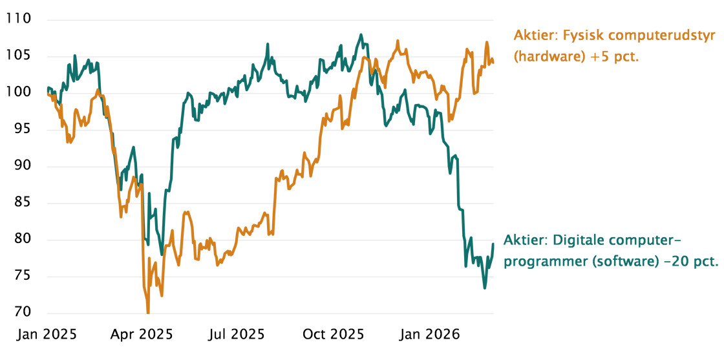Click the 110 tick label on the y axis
(19, 20)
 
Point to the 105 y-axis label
(19, 57)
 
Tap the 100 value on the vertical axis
(19, 94)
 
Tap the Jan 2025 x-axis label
(47, 335)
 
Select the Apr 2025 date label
(142, 335)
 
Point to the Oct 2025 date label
(334, 335)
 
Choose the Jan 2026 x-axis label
(430, 335)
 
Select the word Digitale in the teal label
(575, 241)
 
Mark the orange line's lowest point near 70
(148, 313)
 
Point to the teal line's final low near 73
(484, 288)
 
